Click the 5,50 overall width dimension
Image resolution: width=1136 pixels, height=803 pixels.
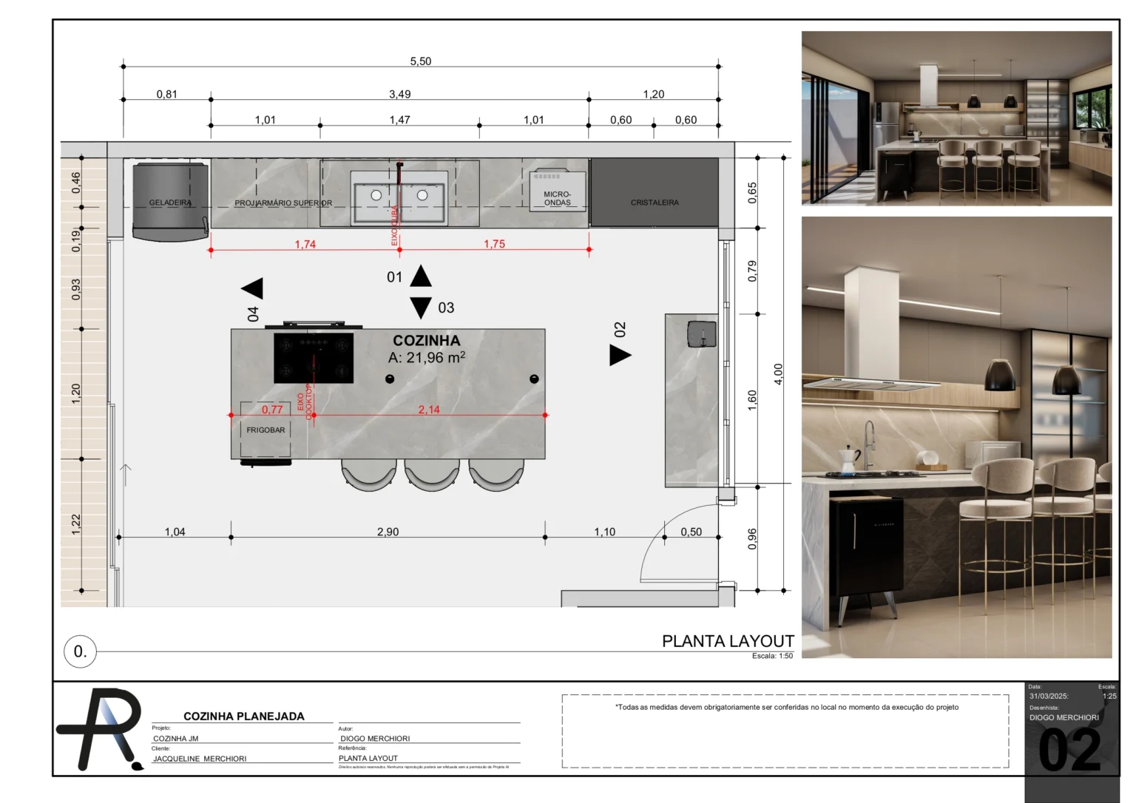point(420,61)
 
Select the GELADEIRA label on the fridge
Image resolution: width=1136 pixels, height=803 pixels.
point(170,203)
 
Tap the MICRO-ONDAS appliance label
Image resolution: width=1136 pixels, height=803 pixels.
point(557,198)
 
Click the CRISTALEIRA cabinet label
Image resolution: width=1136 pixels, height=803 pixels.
point(654,203)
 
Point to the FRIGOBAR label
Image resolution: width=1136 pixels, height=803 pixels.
point(266,430)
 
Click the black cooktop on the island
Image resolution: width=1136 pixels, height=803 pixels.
point(314,358)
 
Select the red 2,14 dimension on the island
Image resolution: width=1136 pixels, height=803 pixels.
point(429,410)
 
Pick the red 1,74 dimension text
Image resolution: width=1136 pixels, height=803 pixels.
point(305,245)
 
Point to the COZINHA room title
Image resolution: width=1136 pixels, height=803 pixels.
point(426,341)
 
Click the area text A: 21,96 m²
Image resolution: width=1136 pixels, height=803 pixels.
point(427,358)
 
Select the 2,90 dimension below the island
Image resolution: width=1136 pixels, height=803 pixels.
point(388,532)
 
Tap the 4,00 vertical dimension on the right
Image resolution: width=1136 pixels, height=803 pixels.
point(778,373)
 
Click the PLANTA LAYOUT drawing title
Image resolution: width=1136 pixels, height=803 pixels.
point(727,641)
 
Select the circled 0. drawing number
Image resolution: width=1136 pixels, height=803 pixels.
point(80,651)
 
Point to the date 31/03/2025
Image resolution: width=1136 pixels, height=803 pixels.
point(1049,696)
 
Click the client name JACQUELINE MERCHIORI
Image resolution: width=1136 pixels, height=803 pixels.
point(200,759)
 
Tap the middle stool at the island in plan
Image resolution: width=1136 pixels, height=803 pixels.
point(431,475)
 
